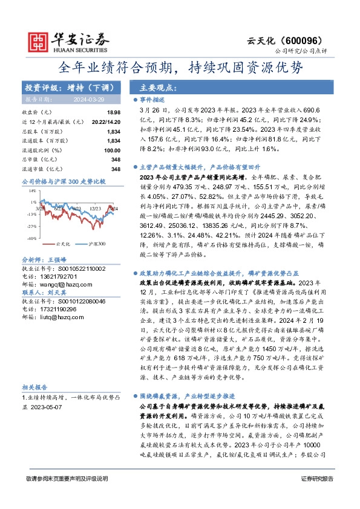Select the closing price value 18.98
[x=114, y=113]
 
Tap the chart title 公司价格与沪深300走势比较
[x=64, y=181]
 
